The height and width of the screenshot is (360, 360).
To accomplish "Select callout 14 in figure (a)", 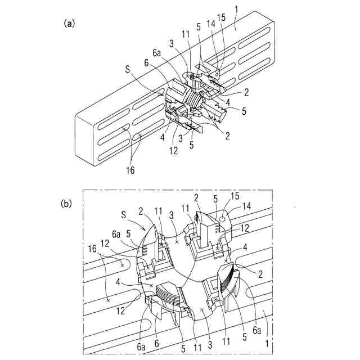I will coord(211,24).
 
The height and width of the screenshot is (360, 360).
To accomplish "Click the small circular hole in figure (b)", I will coord(223,217).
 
